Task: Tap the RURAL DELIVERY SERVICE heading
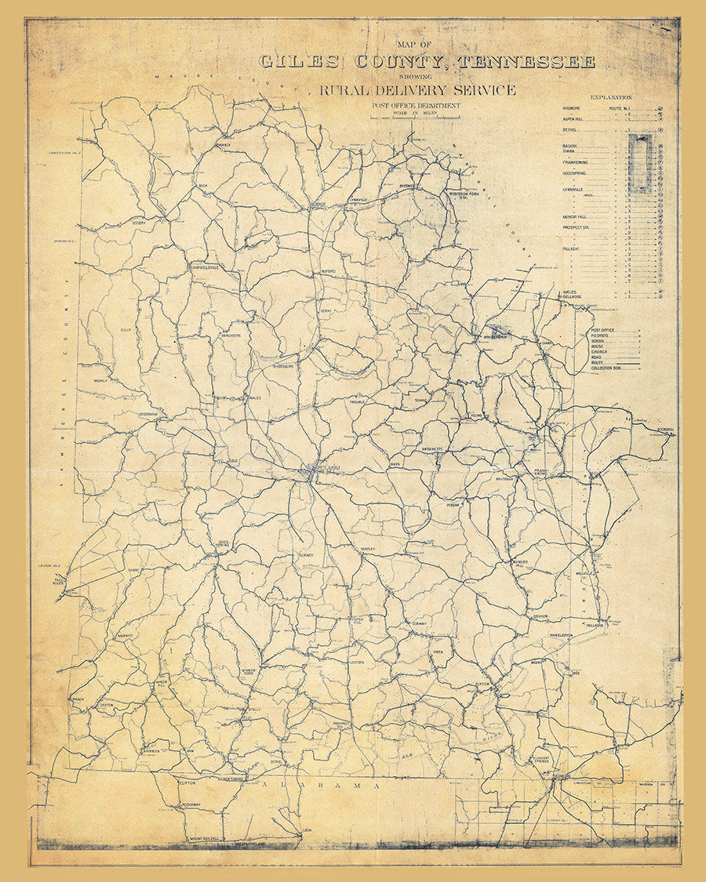coord(417,90)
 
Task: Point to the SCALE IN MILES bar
coord(416,116)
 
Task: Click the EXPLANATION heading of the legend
coord(611,98)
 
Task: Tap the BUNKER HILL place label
coord(524,563)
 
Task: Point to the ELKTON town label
coord(482,684)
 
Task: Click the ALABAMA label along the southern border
coord(322,785)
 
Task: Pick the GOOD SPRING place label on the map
coord(223,543)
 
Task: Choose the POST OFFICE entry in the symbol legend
coord(602,331)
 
